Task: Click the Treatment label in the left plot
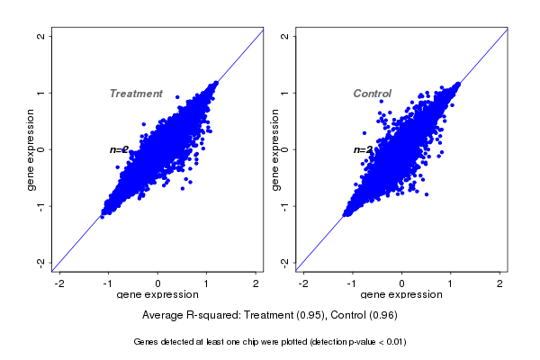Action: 136,94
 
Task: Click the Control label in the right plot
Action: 372,94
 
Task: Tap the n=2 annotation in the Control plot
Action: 363,150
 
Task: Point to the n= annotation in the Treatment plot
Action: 119,150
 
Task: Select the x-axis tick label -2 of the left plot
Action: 60,284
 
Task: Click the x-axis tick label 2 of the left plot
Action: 256,284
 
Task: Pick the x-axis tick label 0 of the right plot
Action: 401,284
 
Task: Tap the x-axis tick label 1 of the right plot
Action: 451,284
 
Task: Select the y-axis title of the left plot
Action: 31,149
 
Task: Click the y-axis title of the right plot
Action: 275,149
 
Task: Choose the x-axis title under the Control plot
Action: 401,295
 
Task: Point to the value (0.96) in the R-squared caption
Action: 382,315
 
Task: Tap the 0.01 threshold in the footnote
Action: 393,342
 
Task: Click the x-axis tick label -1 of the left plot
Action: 108,284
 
